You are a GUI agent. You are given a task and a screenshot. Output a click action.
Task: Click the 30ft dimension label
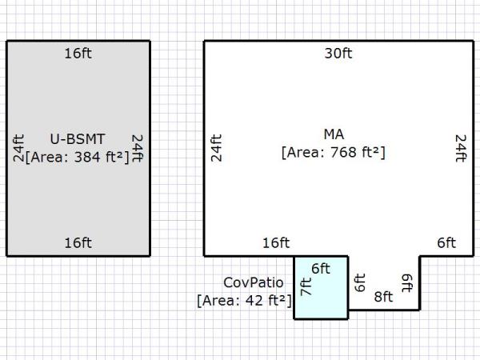point(338,54)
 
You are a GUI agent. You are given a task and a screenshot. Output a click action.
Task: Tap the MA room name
point(334,134)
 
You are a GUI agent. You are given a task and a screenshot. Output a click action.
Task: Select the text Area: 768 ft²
point(334,153)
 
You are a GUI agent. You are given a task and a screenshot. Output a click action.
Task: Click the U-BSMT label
point(78,139)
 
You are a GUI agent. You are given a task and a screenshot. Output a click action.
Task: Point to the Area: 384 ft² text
point(78,157)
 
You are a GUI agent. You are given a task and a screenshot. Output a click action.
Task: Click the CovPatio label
point(254,282)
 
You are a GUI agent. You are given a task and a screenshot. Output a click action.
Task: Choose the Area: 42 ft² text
point(244,300)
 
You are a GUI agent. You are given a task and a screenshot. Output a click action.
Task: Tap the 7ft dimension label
point(306,286)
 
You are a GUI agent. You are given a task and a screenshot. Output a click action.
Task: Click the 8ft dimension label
point(383,297)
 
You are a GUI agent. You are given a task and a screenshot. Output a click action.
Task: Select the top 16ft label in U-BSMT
point(78,54)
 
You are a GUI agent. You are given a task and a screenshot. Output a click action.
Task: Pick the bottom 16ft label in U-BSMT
point(78,243)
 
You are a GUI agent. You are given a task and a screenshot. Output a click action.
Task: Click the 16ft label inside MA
point(276,243)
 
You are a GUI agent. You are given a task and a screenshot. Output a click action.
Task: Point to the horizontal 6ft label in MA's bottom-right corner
point(446,243)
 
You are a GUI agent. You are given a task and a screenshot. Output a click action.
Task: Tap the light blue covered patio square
point(321,288)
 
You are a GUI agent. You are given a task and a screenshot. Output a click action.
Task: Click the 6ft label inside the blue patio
point(321,269)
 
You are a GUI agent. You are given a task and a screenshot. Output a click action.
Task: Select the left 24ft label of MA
point(216,148)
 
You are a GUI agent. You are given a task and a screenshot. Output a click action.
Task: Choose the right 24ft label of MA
point(462,148)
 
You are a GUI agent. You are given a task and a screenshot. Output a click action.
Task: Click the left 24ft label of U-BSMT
point(18,148)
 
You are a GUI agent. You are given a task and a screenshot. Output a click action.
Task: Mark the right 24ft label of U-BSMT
point(138,148)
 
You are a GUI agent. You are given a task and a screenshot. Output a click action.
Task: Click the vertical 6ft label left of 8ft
point(359,282)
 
